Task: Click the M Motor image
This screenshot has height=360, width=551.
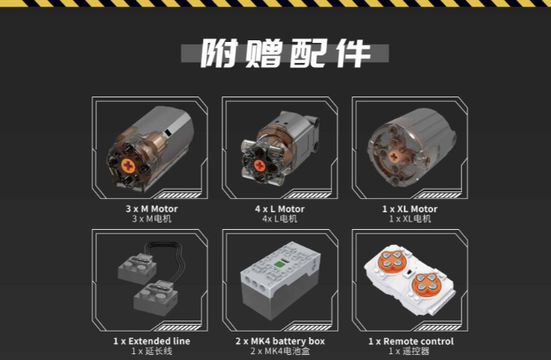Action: [x=150, y=149]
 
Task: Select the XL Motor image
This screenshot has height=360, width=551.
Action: [x=411, y=145]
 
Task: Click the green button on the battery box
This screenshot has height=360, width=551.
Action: [x=279, y=264]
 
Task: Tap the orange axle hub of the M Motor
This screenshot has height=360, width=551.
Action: [x=127, y=165]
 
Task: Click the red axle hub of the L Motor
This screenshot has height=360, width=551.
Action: [x=259, y=165]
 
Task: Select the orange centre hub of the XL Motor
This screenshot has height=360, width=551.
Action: [x=393, y=156]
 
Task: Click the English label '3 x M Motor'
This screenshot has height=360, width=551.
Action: [x=152, y=209]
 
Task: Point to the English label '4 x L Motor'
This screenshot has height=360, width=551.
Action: [x=280, y=209]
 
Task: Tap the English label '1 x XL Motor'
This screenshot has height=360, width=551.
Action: [x=410, y=209]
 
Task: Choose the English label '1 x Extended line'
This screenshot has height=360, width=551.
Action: [x=152, y=341]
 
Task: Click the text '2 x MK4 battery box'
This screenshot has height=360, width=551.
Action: [x=280, y=341]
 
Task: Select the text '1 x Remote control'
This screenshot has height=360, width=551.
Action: [x=411, y=342]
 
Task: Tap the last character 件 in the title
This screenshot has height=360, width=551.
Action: [x=352, y=53]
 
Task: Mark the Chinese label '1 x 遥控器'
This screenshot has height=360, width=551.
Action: [x=409, y=351]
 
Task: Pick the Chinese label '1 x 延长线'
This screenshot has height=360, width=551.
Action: [x=152, y=351]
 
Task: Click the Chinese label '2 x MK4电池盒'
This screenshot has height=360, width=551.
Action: [x=280, y=351]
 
